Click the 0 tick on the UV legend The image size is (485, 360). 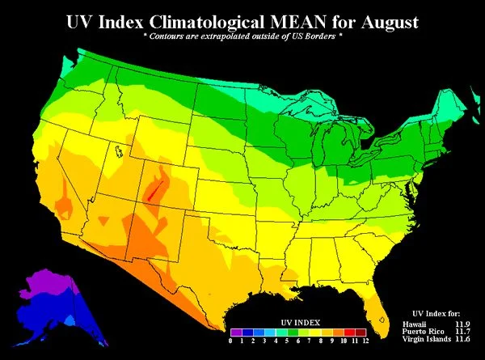[x=231, y=341]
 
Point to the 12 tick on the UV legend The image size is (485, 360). [x=365, y=341]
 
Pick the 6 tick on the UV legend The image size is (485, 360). [x=298, y=341]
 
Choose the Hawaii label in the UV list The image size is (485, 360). [x=415, y=324]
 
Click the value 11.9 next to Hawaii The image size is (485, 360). [x=462, y=324]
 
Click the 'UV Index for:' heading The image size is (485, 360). [x=437, y=312]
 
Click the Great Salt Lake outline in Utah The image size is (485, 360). [x=118, y=150]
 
